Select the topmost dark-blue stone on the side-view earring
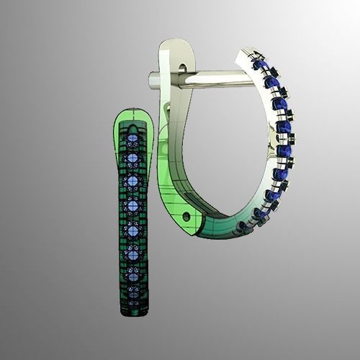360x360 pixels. point(257,64)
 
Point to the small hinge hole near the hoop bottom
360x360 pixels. point(187,215)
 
